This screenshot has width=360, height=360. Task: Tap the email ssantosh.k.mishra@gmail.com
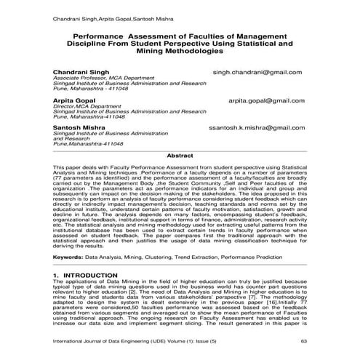(x=265, y=127)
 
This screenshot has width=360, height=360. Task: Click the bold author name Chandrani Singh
(x=81, y=73)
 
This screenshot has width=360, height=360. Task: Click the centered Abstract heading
(x=180, y=156)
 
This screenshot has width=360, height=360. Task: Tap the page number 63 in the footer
(x=303, y=340)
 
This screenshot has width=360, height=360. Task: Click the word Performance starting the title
(x=100, y=34)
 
